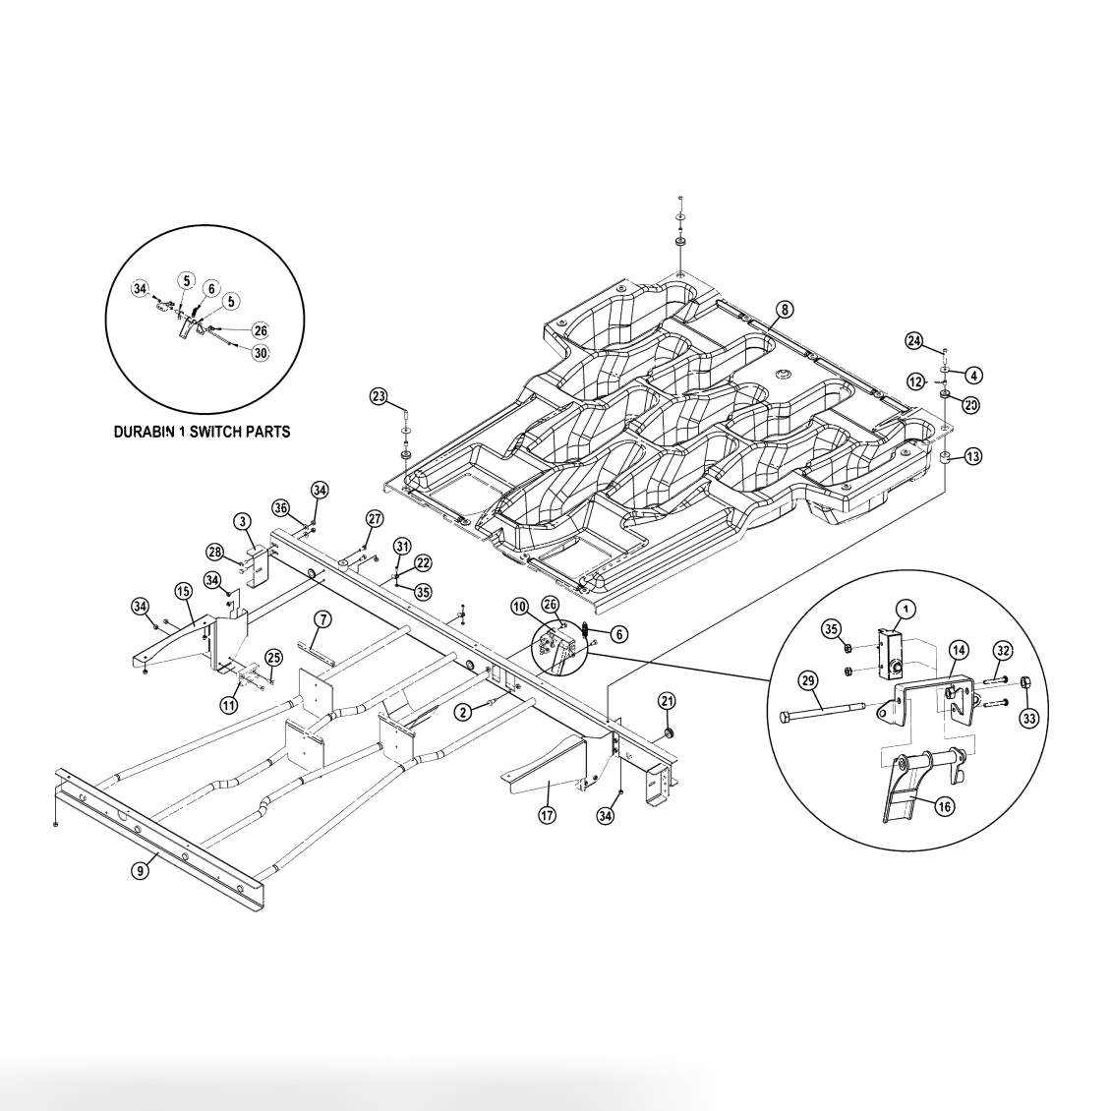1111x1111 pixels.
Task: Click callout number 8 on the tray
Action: pos(784,309)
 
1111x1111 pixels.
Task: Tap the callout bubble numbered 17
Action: pos(547,814)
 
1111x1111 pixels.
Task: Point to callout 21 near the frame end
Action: pos(668,701)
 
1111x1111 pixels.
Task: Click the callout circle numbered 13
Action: pos(972,456)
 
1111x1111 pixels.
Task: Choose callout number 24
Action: pos(914,341)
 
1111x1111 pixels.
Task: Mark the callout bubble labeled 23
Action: pos(379,396)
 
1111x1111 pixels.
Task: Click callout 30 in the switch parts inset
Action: pos(260,352)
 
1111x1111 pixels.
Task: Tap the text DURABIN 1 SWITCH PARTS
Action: pos(202,431)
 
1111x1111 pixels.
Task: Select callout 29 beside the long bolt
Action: pos(807,680)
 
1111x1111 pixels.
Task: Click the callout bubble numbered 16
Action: pos(944,806)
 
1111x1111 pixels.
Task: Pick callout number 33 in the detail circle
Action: pos(1028,719)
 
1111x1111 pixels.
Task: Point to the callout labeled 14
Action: pos(958,649)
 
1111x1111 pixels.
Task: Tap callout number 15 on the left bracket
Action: pos(183,590)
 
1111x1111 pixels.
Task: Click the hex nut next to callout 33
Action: pos(1023,683)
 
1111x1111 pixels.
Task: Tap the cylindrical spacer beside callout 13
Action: pos(943,458)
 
